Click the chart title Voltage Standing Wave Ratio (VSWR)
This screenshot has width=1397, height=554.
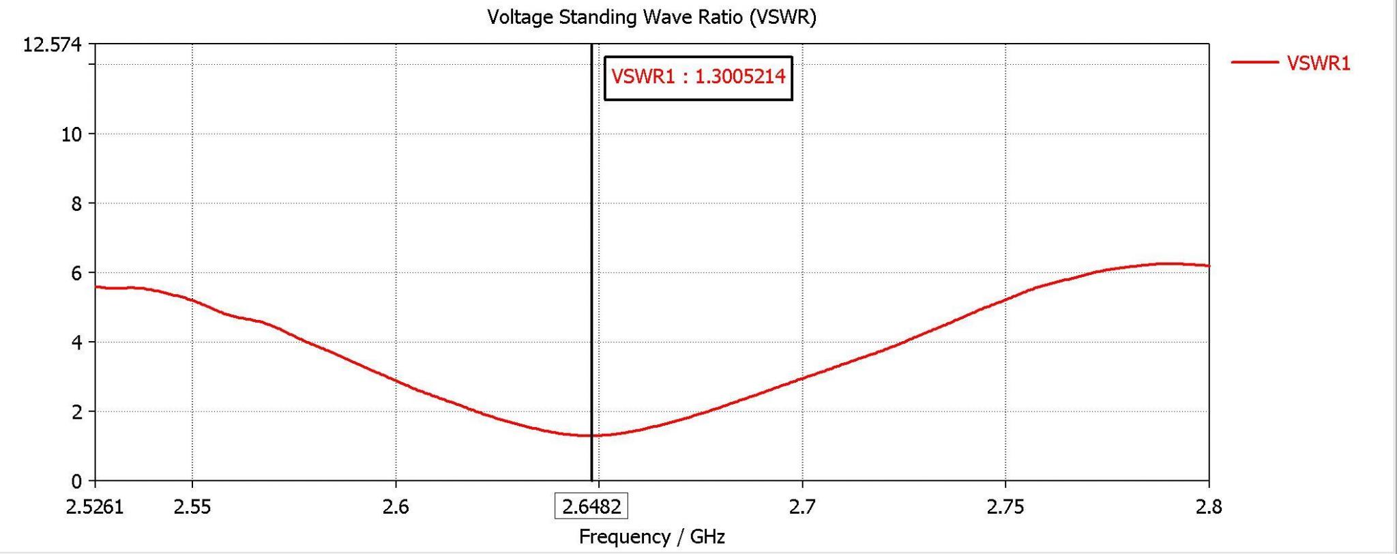(651, 17)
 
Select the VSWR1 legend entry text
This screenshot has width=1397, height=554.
(1318, 63)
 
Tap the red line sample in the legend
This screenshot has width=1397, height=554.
(1255, 63)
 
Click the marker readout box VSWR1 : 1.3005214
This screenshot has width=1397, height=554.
(698, 77)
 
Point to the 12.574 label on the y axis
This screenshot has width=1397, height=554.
(52, 46)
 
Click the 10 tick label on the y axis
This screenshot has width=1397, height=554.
(71, 134)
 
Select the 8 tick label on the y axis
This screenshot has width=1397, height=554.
(76, 204)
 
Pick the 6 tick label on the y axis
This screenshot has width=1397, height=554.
(76, 274)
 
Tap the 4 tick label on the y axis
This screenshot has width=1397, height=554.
(76, 342)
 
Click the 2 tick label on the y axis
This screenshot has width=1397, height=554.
(76, 412)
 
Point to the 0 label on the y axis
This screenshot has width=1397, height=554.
(76, 482)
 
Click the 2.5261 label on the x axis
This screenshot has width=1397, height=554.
(95, 507)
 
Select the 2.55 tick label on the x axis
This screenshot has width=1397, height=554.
(192, 507)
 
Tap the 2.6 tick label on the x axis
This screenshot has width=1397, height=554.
(396, 507)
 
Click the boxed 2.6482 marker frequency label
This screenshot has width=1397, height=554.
(591, 507)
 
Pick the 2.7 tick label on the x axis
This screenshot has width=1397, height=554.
(802, 507)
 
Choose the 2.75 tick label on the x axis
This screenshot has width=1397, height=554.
(1005, 507)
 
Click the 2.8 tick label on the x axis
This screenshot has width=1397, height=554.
(1209, 507)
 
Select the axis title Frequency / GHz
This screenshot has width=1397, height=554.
(651, 537)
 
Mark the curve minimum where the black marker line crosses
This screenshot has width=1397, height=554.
(591, 435)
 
